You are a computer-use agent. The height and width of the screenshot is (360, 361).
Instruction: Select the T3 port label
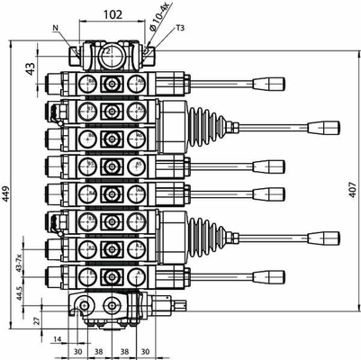point(180,27)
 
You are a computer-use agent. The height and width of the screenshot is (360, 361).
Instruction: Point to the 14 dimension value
point(56,339)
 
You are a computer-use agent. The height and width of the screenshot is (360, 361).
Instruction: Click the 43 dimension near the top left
point(30,67)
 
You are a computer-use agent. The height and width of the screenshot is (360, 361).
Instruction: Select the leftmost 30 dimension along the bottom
point(77,352)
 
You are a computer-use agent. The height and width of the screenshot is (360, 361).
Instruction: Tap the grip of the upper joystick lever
point(322,126)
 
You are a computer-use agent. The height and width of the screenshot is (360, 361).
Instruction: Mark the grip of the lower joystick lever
point(322,237)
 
